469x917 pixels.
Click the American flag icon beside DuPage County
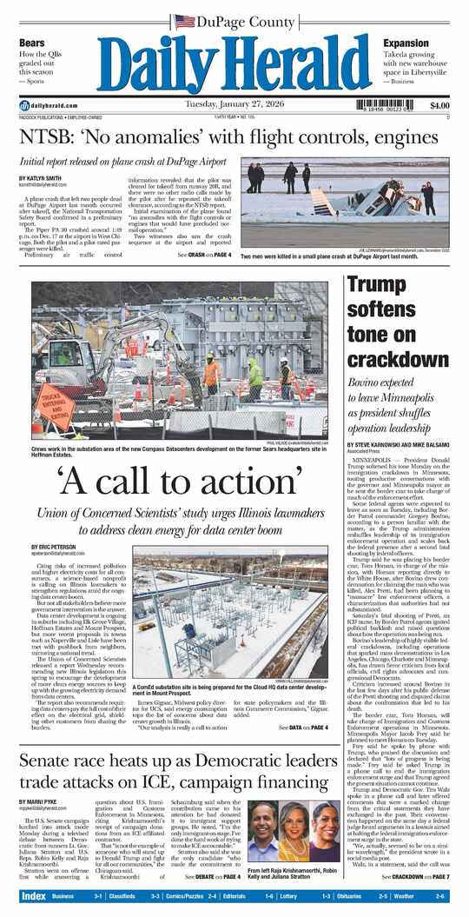[x=183, y=21]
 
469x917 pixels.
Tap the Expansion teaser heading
[x=406, y=43]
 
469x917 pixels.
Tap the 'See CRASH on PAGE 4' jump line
[x=204, y=255]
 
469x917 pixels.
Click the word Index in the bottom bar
[x=33, y=896]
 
